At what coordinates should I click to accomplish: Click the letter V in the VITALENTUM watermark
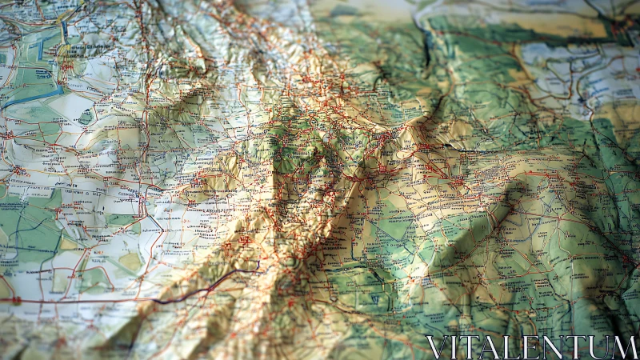pyautogui.click(x=437, y=347)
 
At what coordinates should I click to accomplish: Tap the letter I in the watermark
pyautogui.click(x=456, y=347)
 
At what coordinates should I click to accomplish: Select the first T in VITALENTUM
pyautogui.click(x=472, y=347)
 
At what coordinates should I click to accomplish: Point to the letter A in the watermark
pyautogui.click(x=491, y=347)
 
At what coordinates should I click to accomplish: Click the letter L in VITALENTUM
pyautogui.click(x=513, y=347)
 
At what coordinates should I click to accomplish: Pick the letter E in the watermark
pyautogui.click(x=532, y=347)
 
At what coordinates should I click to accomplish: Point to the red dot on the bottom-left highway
pyautogui.click(x=15, y=300)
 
